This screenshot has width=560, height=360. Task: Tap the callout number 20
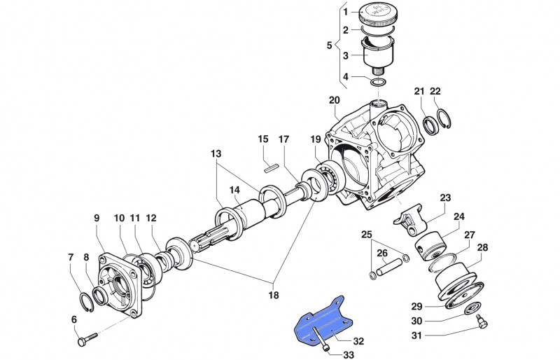tap(334, 99)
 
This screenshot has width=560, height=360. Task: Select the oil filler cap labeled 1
tap(379, 16)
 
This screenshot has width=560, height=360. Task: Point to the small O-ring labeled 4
tap(379, 83)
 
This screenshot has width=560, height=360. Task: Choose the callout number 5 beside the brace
tap(330, 46)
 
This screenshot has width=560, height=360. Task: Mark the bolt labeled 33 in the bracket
tap(318, 339)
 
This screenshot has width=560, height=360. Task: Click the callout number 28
tap(482, 247)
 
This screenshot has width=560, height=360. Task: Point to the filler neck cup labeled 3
tap(379, 56)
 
